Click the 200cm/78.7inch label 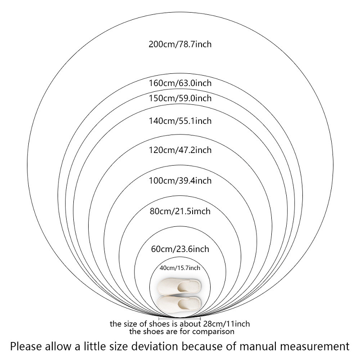pos(180,44)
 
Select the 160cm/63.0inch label pos(180,83)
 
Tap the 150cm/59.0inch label pos(180,98)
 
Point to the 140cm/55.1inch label pos(180,121)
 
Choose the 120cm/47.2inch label pos(180,150)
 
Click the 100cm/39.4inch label pos(180,181)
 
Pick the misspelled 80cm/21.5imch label pos(180,211)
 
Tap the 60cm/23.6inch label pos(180,249)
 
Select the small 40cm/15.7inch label pos(180,268)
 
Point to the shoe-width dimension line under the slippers pos(180,319)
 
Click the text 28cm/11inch pos(226,324)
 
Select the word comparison pos(213,332)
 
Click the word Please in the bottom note pos(25,346)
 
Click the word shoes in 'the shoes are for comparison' pos(154,332)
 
